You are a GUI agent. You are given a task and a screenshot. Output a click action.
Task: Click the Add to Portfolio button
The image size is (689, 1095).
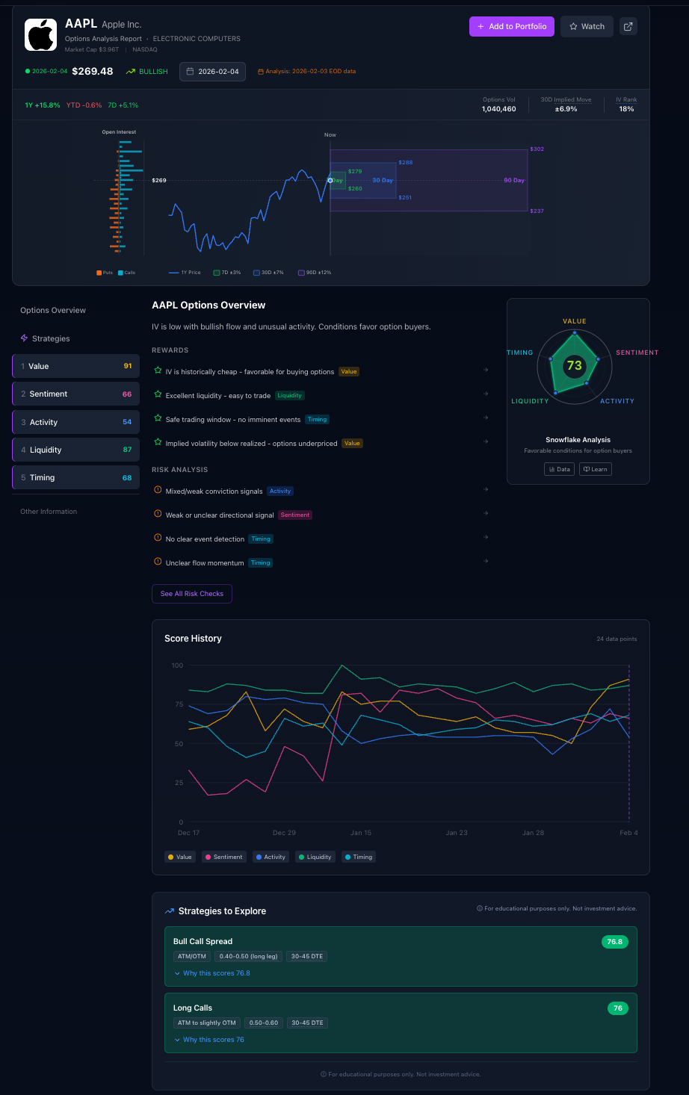(512, 26)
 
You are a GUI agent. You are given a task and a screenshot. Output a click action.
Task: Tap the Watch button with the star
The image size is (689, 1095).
(587, 26)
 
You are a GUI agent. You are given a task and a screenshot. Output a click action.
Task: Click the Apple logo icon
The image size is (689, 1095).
(40, 34)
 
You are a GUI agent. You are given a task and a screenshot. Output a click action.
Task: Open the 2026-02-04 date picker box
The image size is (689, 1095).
(212, 72)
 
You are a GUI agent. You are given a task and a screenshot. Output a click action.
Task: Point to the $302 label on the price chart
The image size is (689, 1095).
(537, 149)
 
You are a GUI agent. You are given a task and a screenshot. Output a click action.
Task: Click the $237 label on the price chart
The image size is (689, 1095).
(537, 211)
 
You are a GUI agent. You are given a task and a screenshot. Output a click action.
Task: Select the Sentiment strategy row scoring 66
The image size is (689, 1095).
(75, 394)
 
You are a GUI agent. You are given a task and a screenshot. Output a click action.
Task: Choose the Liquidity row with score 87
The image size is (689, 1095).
(75, 450)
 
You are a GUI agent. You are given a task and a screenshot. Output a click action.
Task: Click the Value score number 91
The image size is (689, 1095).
(127, 366)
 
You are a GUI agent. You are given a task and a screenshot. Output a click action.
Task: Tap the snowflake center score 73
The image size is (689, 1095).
(574, 365)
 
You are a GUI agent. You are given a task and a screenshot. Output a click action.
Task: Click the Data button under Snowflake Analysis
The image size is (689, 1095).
(560, 469)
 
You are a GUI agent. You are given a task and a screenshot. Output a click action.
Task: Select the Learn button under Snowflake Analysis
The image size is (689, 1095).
(596, 469)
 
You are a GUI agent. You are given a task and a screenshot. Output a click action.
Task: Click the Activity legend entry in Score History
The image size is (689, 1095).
(271, 857)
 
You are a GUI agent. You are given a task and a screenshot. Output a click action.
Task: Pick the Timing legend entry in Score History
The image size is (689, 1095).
(359, 857)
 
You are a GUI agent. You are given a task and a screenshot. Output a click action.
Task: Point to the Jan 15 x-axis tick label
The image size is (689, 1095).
(361, 833)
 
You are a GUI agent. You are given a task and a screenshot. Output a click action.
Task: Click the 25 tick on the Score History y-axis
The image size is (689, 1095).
(177, 783)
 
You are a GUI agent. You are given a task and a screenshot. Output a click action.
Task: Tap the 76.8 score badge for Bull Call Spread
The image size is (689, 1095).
(614, 942)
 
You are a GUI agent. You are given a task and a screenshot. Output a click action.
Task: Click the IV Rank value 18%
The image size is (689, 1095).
(626, 109)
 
